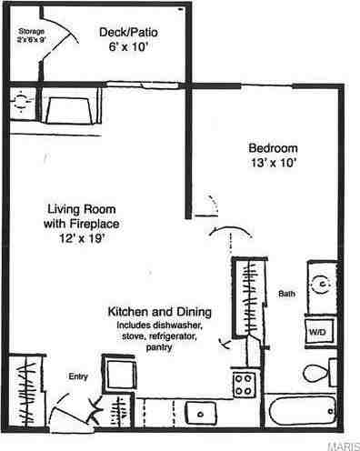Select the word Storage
click(30, 30)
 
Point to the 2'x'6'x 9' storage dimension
click(31, 40)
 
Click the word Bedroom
click(273, 149)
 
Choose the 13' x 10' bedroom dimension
click(273, 164)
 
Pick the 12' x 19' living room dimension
click(82, 238)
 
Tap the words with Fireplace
click(82, 223)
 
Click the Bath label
click(286, 294)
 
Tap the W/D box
click(320, 333)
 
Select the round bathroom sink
click(321, 283)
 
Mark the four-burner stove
click(245, 382)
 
